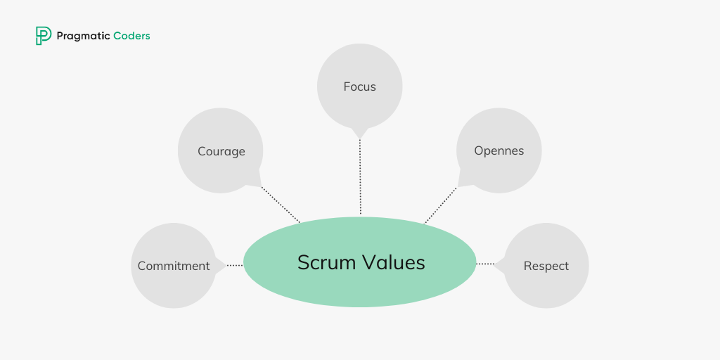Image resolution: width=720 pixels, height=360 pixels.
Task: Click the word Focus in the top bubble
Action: (359, 86)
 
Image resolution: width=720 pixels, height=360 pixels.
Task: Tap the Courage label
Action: (221, 152)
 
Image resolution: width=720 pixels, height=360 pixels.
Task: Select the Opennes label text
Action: (499, 151)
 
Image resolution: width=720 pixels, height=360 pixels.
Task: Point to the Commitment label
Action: (174, 266)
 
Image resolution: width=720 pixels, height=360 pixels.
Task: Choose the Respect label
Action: (546, 266)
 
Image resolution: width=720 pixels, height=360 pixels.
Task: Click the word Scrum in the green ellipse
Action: (327, 262)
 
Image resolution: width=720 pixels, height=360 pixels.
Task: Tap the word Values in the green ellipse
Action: (394, 262)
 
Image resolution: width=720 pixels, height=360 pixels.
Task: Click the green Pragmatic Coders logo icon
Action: (44, 36)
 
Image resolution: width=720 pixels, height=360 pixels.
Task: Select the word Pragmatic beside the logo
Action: (83, 36)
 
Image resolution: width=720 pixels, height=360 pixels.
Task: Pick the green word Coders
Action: (131, 36)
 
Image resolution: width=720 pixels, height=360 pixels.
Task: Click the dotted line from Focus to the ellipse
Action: (360, 176)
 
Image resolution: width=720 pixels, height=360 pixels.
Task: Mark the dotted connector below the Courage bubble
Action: (281, 205)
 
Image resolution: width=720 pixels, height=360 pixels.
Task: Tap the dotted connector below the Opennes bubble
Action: (440, 205)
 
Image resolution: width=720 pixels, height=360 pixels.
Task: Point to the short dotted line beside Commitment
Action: (235, 265)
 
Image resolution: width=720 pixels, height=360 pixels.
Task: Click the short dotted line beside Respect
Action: (486, 264)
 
